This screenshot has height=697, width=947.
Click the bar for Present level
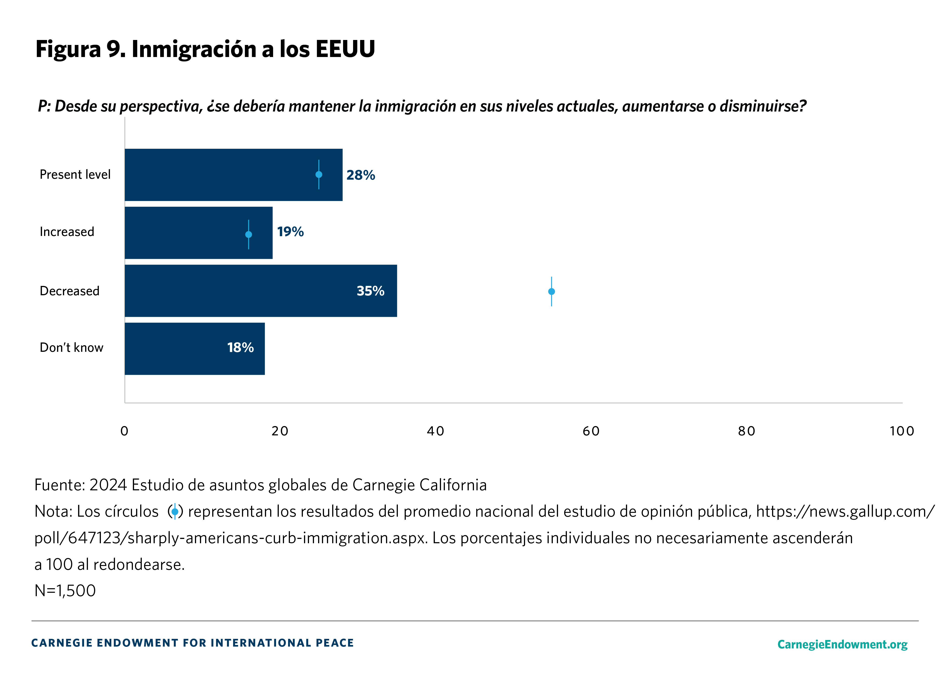219,175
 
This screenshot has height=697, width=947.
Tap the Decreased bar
236,291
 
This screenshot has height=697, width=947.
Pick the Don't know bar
177,348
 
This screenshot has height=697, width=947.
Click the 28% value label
360,175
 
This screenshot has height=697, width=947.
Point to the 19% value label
290,232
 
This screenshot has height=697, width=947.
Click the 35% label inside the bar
370,291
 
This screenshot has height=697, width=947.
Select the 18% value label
240,348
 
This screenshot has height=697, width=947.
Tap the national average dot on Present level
319,174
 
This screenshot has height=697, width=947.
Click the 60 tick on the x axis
591,431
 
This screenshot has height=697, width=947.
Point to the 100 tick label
901,431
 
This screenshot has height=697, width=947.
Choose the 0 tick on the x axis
124,431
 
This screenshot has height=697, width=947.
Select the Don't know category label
71,348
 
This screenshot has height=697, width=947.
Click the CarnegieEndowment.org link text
842,644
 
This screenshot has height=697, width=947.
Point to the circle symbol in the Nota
175,512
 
